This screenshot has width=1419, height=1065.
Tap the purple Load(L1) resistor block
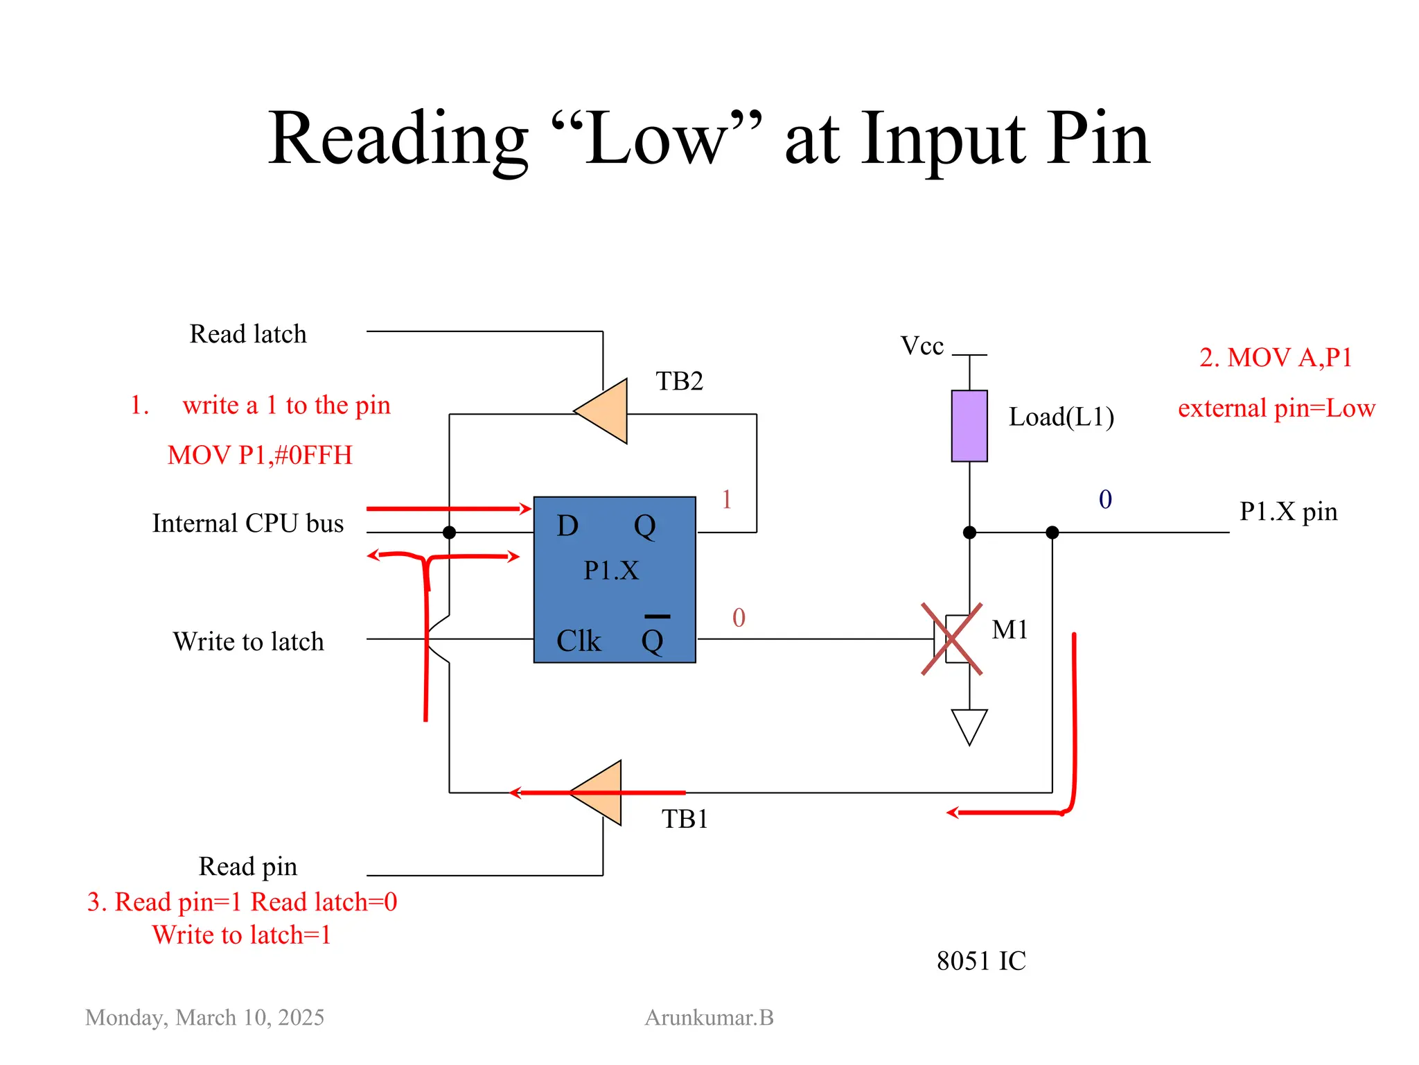pos(969,426)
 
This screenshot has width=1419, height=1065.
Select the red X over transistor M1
pos(951,639)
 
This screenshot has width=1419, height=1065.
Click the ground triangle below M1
pos(969,725)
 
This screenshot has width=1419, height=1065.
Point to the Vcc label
pos(922,345)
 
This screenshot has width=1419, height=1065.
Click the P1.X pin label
pos(1287,512)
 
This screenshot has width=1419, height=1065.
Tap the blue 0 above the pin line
pos(1105,499)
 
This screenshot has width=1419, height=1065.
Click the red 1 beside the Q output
pos(726,499)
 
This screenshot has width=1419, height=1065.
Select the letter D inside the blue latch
pos(567,526)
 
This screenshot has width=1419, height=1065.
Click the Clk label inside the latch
pos(579,641)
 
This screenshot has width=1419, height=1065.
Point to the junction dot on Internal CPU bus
pos(449,532)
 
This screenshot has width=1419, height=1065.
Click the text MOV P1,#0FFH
pos(260,455)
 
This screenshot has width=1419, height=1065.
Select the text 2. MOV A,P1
pos(1275,358)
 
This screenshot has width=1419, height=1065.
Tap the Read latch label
pos(248,334)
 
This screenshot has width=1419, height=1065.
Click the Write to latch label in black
pos(248,641)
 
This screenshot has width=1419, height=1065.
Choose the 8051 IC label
pos(980,961)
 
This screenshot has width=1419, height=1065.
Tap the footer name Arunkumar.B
pos(709,1017)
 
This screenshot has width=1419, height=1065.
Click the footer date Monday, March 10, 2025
pos(204,1017)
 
